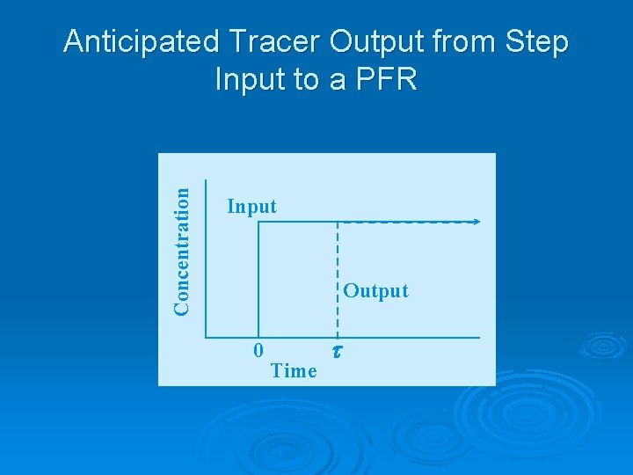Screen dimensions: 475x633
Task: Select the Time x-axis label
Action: (294, 371)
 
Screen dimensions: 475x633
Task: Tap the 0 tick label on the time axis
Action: (258, 350)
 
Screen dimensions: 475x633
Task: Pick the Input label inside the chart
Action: (251, 207)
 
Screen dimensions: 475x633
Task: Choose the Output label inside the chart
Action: (375, 291)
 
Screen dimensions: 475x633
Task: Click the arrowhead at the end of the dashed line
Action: (477, 222)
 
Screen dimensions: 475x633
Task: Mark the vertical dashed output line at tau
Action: (338, 273)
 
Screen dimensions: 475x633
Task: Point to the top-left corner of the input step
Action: (258, 223)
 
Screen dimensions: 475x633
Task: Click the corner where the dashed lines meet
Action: (338, 223)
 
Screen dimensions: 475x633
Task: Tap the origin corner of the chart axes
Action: (206, 337)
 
